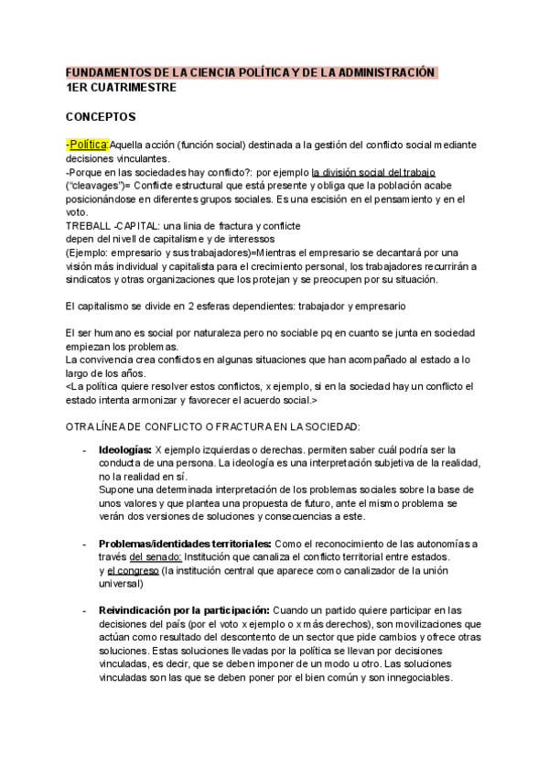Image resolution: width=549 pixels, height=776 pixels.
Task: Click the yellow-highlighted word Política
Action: [x=89, y=145]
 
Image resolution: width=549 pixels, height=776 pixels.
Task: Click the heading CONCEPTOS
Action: [x=101, y=117]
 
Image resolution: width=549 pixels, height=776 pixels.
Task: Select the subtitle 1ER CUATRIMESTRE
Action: [x=122, y=88]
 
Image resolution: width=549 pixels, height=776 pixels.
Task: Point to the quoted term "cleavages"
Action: [x=96, y=186]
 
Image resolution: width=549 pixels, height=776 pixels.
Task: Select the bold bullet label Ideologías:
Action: [x=124, y=450]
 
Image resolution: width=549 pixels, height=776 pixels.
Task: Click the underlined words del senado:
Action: [x=156, y=556]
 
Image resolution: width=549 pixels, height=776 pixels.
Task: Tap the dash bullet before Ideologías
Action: [x=84, y=450]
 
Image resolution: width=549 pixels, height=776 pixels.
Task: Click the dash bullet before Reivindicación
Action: [x=84, y=609]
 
